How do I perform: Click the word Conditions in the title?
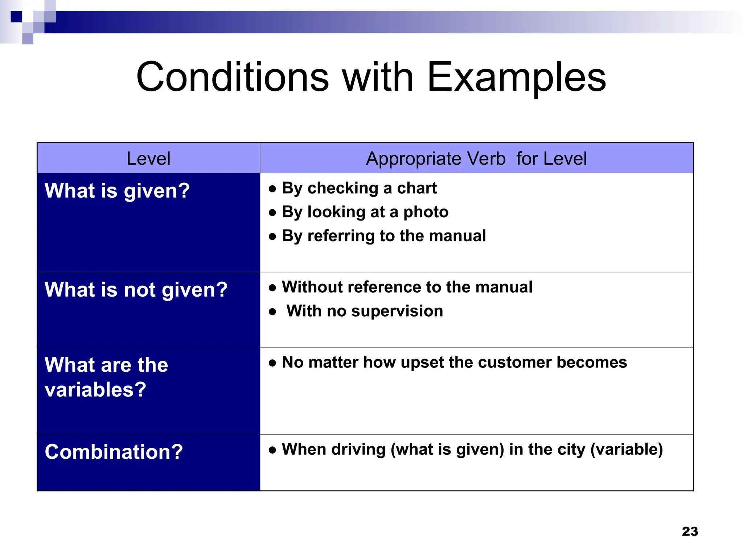point(233,77)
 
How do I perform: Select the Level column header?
point(148,158)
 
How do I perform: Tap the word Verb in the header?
point(486,158)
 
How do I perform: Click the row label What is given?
point(117,191)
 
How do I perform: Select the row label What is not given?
point(136,290)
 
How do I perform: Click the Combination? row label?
point(114,452)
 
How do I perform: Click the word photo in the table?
point(426,212)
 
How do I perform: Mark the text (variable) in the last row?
point(627,449)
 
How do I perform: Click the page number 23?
point(690,532)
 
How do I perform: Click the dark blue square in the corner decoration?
point(16,17)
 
